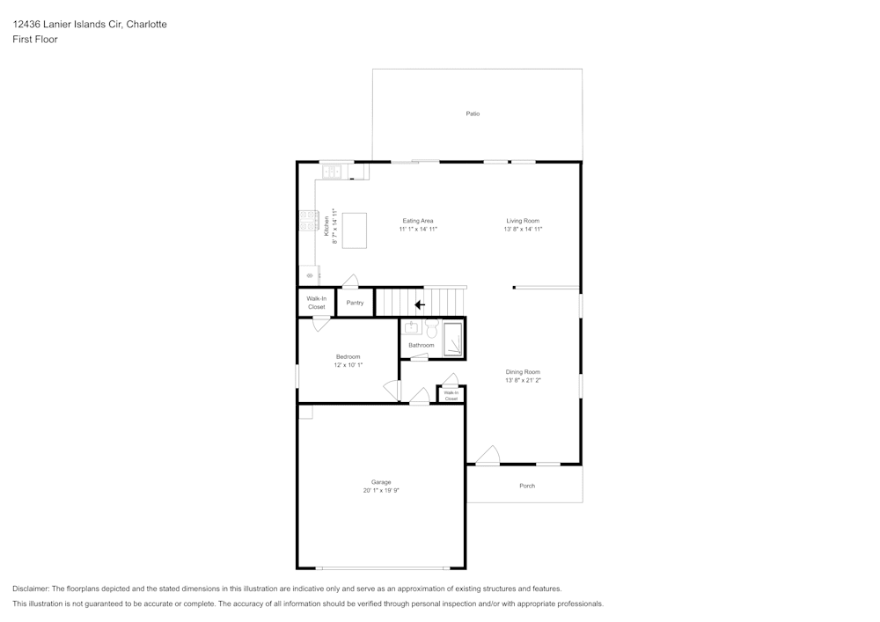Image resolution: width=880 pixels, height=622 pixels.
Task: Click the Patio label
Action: coord(473,113)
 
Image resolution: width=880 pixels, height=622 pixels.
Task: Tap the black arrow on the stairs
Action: coord(420,304)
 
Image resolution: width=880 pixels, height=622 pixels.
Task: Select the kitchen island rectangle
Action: coord(354,230)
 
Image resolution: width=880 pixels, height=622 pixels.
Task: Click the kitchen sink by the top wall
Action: coord(331,172)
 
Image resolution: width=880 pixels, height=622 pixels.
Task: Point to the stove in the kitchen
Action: coord(308,220)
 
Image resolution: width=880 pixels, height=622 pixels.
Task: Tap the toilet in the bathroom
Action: coord(431,329)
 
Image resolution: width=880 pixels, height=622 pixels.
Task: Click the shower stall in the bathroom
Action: coord(452,339)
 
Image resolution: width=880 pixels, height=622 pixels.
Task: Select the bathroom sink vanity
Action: coord(411,328)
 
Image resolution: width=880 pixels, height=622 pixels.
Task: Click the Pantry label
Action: coord(355,303)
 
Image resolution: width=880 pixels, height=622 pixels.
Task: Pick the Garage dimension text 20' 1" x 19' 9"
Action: coord(381,490)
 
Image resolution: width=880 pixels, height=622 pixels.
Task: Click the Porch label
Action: coord(527,486)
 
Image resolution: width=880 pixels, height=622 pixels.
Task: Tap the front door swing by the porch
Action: coord(488,456)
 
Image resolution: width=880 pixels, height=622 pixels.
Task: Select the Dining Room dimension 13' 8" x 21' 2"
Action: coord(523,380)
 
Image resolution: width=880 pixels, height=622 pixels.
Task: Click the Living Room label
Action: coord(523,221)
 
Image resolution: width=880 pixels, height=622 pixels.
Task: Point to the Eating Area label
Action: coord(418,221)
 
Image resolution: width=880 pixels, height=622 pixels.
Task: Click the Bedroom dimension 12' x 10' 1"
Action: coord(348,364)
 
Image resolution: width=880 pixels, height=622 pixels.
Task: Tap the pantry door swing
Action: coord(350,282)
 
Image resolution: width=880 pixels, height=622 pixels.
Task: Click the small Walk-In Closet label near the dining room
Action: coord(451,395)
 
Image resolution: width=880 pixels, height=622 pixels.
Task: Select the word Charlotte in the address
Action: coord(146,25)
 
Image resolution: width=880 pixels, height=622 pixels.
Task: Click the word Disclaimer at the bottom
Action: coord(31,589)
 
